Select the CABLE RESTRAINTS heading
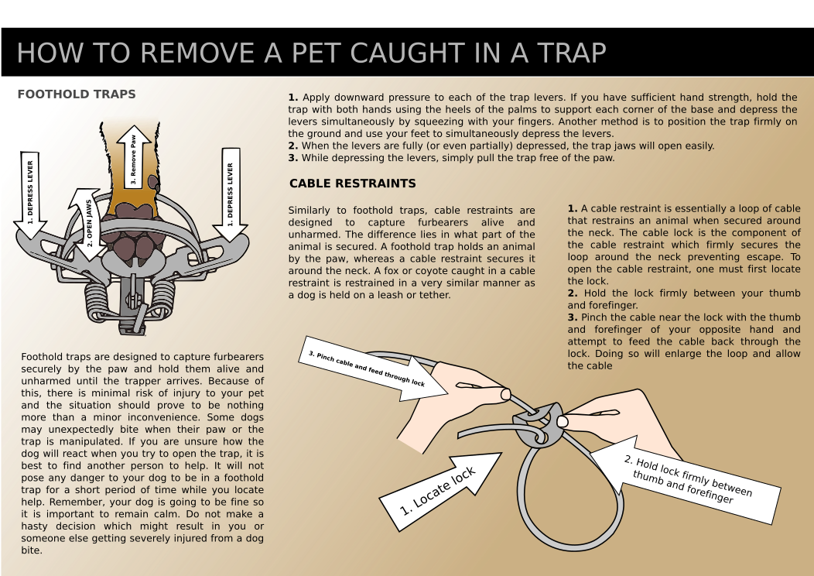352,183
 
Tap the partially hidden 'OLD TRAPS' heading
101,94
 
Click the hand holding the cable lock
611,422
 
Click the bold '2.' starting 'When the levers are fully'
292,146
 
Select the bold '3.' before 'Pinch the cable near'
572,317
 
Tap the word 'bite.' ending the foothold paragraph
32,550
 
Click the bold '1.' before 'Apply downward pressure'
292,98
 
